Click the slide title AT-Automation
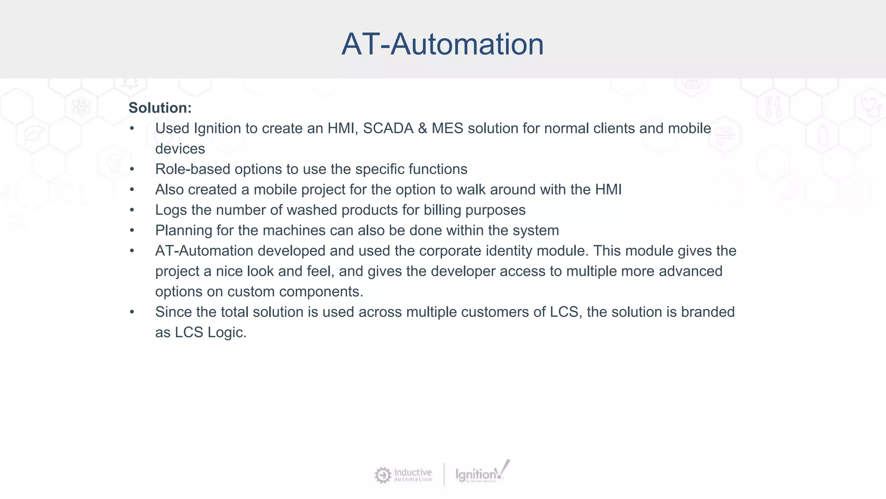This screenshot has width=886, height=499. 442,44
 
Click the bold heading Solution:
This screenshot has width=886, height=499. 160,108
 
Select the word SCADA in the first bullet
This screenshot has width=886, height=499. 388,129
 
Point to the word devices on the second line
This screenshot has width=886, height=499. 180,149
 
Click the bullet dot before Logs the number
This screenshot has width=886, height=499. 132,210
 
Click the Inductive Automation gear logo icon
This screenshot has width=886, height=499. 383,475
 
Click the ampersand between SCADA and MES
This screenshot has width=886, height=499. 423,129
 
